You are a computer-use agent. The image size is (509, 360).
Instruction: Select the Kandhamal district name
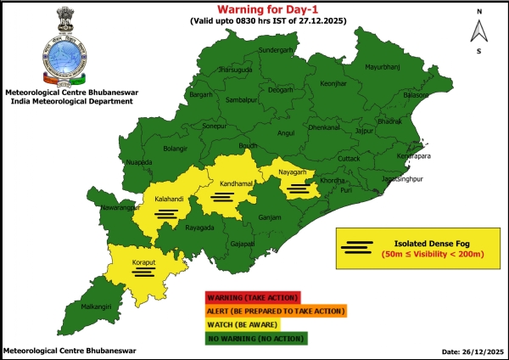coord(221,183)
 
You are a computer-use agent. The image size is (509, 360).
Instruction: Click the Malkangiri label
coord(94,318)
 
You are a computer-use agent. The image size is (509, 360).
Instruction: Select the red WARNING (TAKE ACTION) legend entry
coord(251,297)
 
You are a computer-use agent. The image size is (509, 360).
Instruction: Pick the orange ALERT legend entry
coord(275,312)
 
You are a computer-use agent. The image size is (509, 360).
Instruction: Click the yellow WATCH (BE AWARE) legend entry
coord(251,325)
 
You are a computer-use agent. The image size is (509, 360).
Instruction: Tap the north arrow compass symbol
coord(478,31)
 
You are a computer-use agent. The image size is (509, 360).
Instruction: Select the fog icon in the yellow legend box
coord(358,247)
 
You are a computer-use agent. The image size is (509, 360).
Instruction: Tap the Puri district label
coord(345,190)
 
